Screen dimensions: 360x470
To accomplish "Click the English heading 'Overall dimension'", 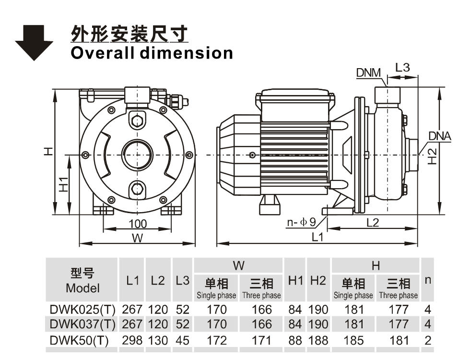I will tap(152, 53).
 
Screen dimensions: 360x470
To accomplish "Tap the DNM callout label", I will tap(368, 72).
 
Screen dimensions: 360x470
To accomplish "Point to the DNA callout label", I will tap(439, 136).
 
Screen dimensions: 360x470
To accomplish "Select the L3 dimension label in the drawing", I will tap(402, 68).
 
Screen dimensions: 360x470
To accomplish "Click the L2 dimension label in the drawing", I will tap(373, 222).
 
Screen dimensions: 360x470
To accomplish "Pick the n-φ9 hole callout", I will tap(301, 222).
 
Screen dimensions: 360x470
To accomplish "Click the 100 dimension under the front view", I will tap(138, 224).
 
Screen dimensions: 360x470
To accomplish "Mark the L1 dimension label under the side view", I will tap(317, 237).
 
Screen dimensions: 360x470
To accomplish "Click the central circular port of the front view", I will tap(138, 155).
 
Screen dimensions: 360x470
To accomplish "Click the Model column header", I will tap(82, 281).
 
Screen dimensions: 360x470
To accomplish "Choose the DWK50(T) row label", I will tap(80, 340).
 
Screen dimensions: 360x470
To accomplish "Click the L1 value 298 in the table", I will tap(132, 340).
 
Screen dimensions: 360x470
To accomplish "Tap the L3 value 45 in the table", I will tap(182, 340).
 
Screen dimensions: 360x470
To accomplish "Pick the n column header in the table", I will tap(427, 279).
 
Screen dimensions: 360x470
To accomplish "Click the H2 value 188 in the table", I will tap(318, 340).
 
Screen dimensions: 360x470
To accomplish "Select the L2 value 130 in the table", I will tap(158, 340).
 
